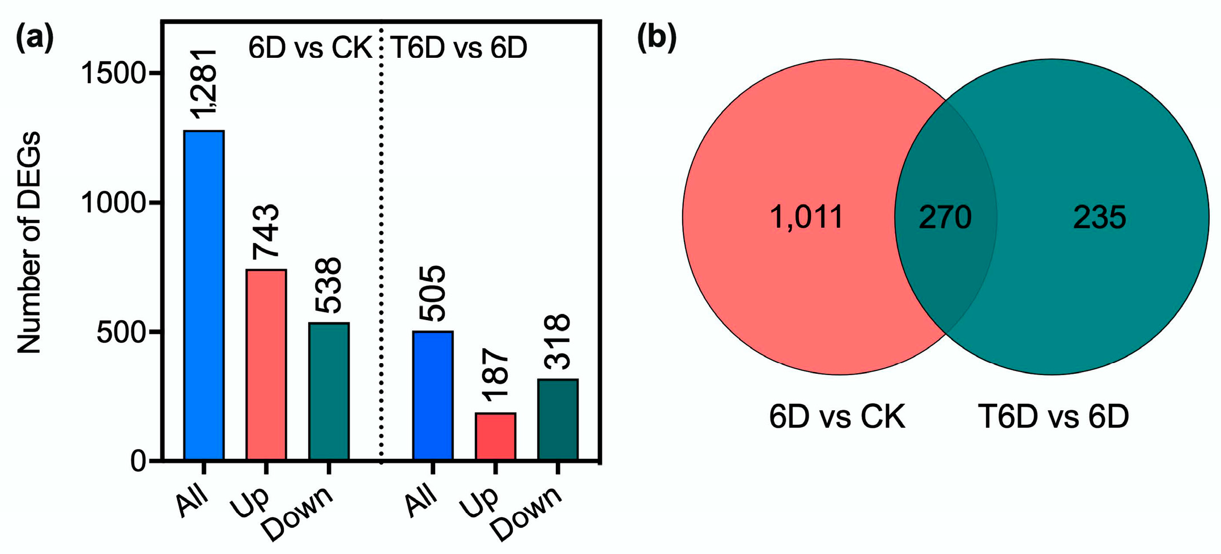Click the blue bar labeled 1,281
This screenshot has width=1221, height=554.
204,295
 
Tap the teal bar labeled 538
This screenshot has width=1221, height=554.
329,391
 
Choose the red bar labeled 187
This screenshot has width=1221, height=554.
495,436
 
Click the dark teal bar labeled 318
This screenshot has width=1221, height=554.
558,419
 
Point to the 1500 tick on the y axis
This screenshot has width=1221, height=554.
113,73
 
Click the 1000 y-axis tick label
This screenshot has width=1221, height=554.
113,202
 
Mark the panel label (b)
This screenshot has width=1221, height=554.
657,39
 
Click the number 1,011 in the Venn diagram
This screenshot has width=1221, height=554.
806,218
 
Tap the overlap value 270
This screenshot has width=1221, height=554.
945,218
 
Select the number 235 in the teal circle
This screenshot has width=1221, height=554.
1099,218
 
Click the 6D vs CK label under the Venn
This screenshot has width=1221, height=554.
837,417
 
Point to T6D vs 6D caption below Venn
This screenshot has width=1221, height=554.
1053,417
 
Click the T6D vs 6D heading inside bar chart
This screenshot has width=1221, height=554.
459,48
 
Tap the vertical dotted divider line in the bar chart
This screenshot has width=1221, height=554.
381,255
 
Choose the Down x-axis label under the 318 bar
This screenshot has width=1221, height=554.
527,513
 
